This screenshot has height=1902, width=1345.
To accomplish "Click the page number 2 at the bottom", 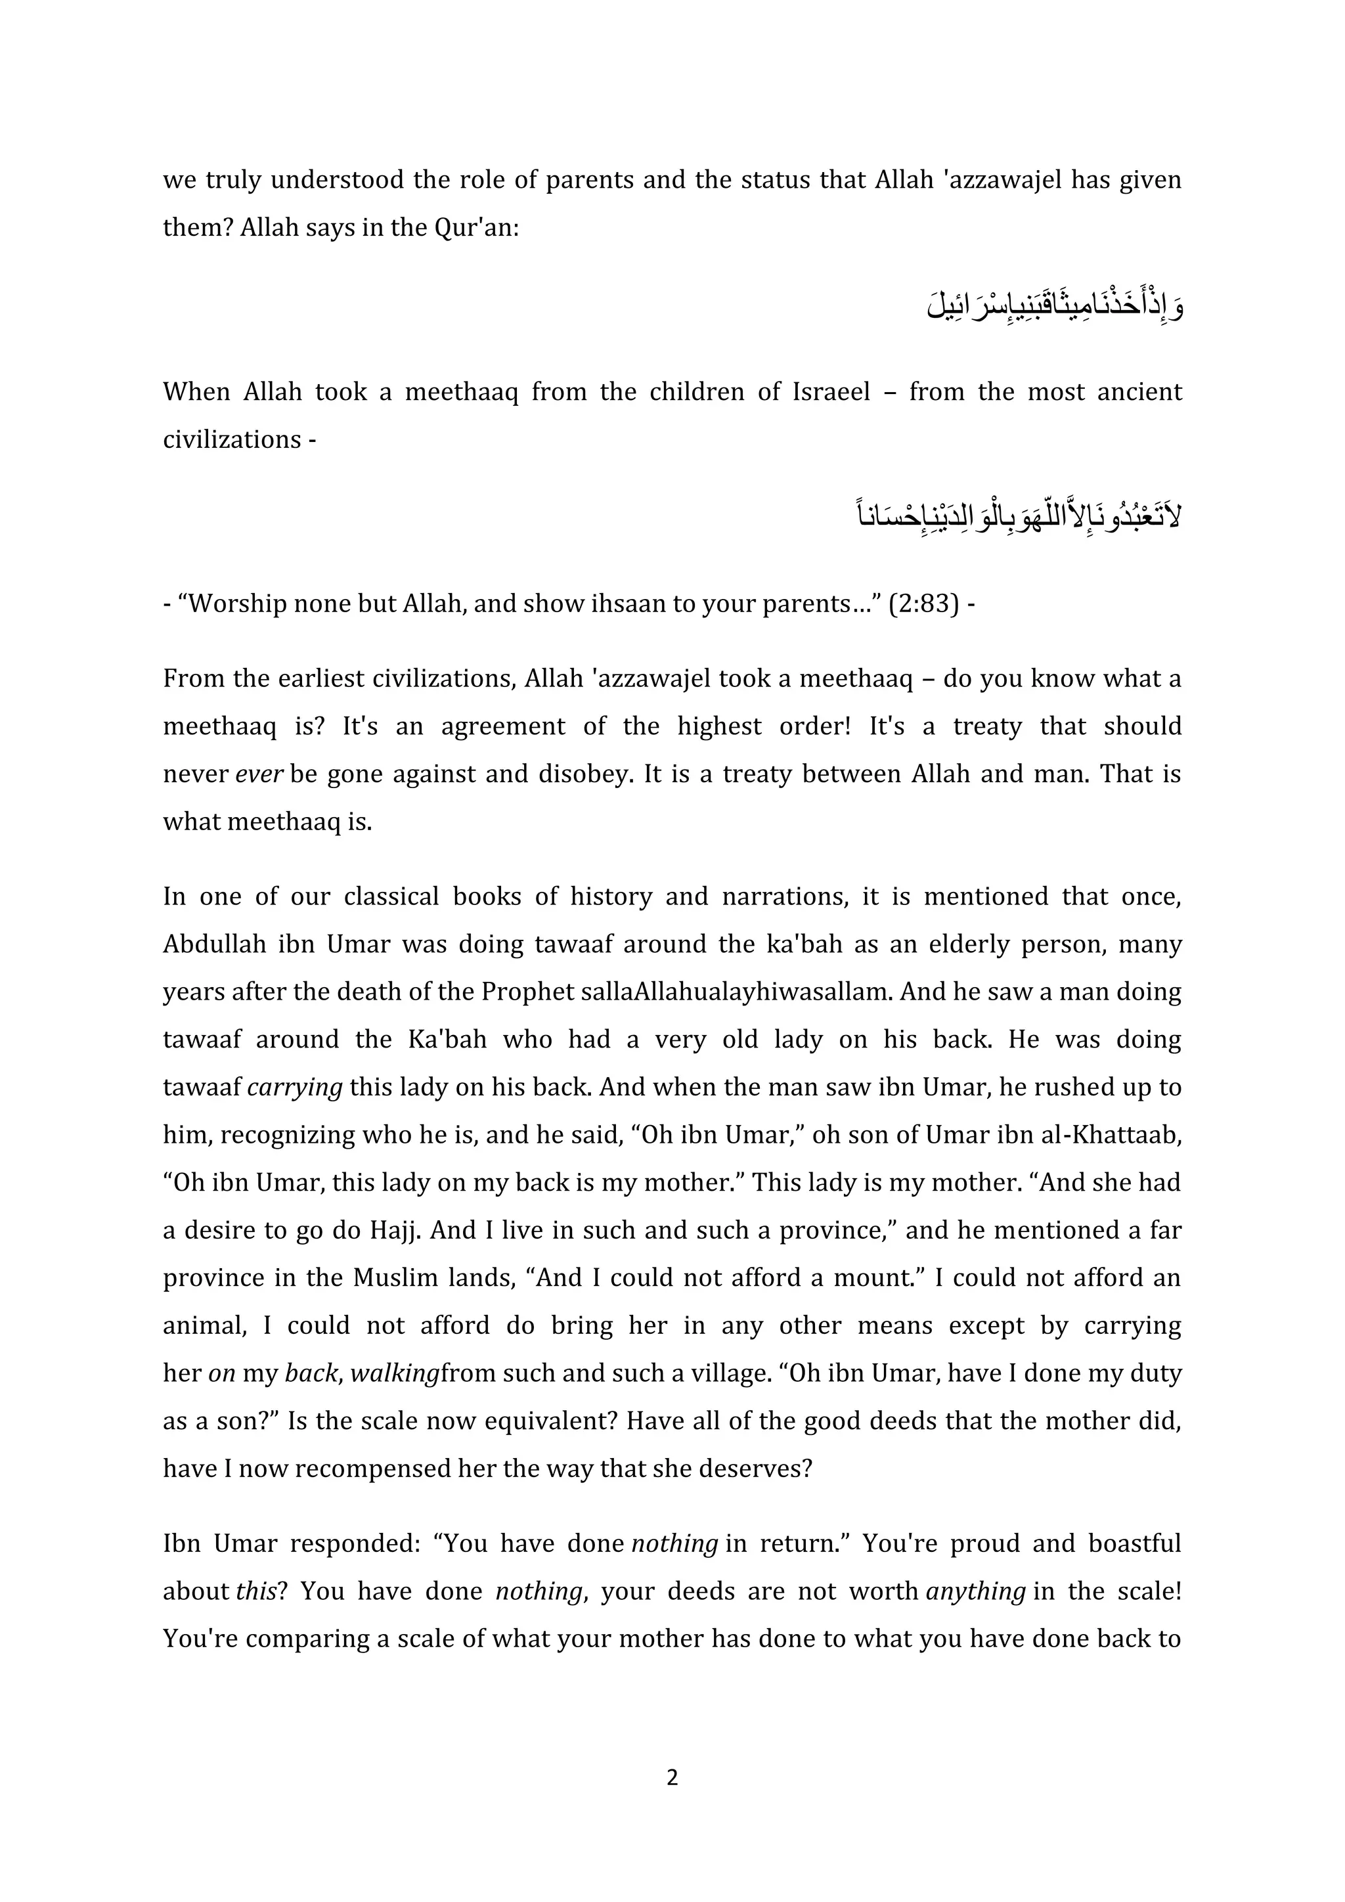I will (x=672, y=1777).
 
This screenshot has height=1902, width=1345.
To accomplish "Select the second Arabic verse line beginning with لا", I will (x=1019, y=517).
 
